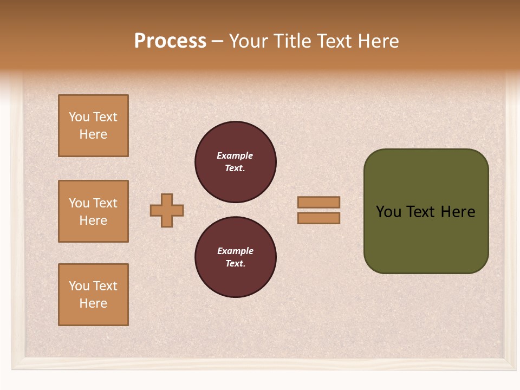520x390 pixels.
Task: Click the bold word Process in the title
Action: pyautogui.click(x=170, y=41)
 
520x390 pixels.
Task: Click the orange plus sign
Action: pyautogui.click(x=167, y=210)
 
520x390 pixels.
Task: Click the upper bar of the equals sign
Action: pyautogui.click(x=318, y=202)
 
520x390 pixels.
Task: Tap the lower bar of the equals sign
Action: pyautogui.click(x=318, y=218)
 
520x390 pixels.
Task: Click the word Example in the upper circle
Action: pyautogui.click(x=235, y=155)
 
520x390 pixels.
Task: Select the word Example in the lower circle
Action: pyautogui.click(x=235, y=251)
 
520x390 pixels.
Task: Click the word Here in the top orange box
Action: pyautogui.click(x=93, y=134)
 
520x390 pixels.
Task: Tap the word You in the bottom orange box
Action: pyautogui.click(x=79, y=286)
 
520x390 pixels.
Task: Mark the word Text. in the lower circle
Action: pyautogui.click(x=235, y=264)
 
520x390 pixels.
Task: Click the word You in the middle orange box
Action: pyautogui.click(x=79, y=203)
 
